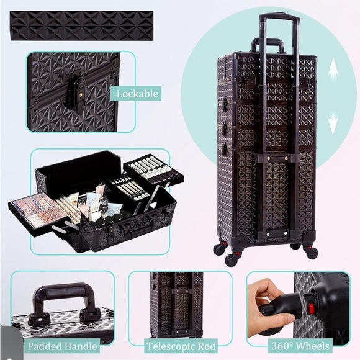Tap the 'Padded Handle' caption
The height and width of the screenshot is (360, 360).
coord(61,344)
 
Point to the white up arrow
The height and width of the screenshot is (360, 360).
coord(333,68)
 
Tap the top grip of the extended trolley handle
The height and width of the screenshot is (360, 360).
coord(279,18)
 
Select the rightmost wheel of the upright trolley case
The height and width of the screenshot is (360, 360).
coord(312,251)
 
